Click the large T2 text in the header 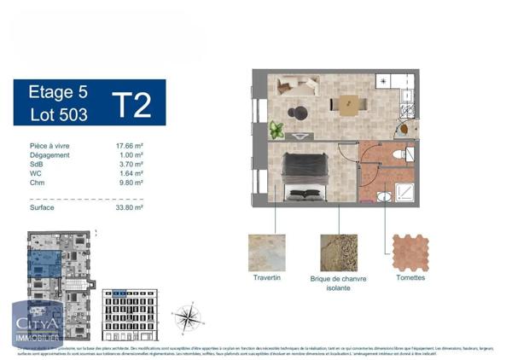pyautogui.click(x=131, y=103)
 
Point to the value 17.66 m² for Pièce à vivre pyautogui.click(x=130, y=146)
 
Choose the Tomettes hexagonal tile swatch pyautogui.click(x=410, y=253)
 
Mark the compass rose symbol pyautogui.click(x=188, y=318)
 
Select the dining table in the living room pyautogui.click(x=349, y=104)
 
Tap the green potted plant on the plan pyautogui.click(x=276, y=131)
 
